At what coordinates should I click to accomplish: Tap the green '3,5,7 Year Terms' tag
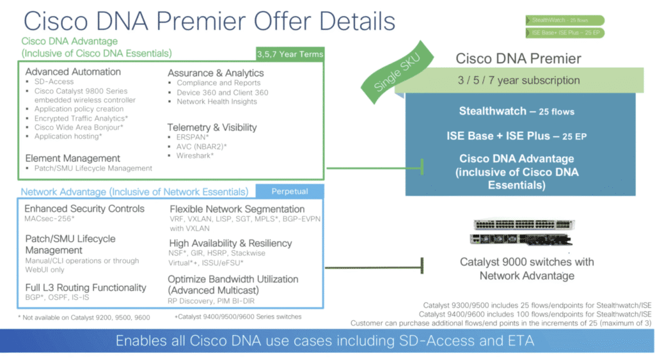pyautogui.click(x=290, y=54)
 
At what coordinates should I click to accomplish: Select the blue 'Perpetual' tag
pyautogui.click(x=289, y=191)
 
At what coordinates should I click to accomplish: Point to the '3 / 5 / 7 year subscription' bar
pyautogui.click(x=519, y=81)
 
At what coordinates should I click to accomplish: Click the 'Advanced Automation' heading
pyautogui.click(x=73, y=72)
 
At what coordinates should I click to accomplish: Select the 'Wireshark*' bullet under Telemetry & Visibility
pyautogui.click(x=195, y=155)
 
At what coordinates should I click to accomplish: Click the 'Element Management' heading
pyautogui.click(x=73, y=158)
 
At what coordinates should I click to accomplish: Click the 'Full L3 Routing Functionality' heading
pyautogui.click(x=86, y=288)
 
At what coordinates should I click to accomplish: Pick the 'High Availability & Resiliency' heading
pyautogui.click(x=230, y=243)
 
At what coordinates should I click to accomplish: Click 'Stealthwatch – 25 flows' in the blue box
pyautogui.click(x=517, y=111)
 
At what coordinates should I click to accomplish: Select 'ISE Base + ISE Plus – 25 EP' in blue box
pyautogui.click(x=517, y=136)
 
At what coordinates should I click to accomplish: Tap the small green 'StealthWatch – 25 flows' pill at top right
pyautogui.click(x=564, y=20)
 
